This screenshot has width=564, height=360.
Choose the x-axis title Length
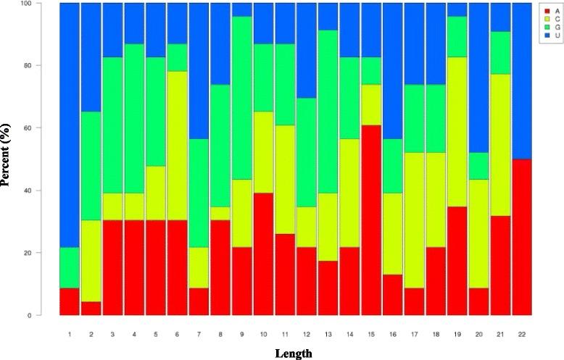coord(294,353)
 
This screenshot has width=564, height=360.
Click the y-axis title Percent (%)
coord(7,159)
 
